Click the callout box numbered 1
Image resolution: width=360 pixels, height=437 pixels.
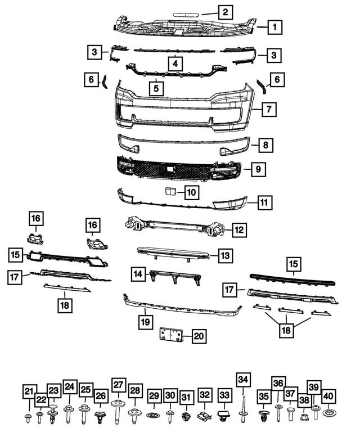pos(274,26)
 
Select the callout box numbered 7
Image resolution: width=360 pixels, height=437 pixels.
pos(269,109)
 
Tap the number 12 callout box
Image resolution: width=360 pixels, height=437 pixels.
pos(239,229)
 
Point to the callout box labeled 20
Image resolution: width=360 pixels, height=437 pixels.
pos(199,336)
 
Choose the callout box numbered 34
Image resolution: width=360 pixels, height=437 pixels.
pos(242,380)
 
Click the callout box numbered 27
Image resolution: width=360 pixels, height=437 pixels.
pos(118,385)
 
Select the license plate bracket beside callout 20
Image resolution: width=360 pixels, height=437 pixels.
pos(169,335)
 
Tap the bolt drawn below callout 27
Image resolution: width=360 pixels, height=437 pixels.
pos(118,409)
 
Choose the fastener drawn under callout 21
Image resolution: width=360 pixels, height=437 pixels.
pos(29,417)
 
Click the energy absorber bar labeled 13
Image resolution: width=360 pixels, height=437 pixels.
pos(172,253)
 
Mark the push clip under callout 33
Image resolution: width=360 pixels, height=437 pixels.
pos(224,417)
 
